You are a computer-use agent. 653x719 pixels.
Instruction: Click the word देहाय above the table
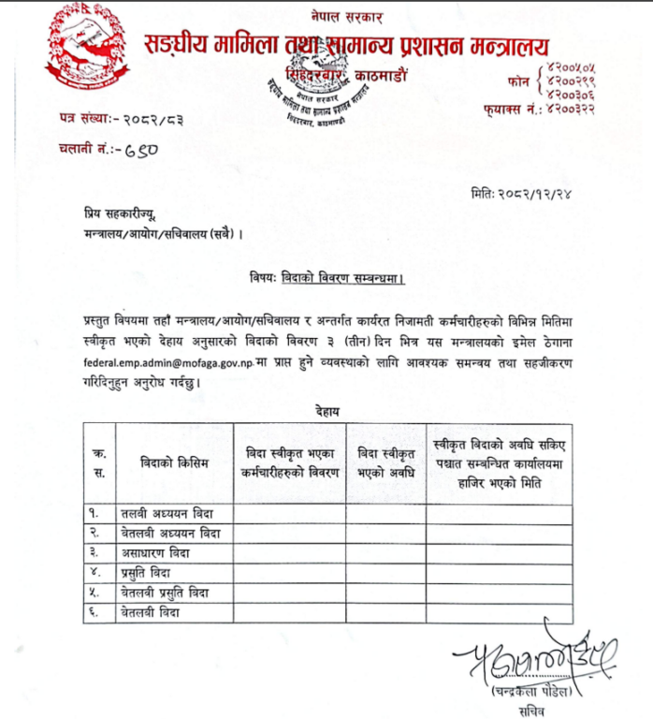(326, 409)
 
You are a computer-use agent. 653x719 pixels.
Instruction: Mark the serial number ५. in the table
(95, 593)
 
